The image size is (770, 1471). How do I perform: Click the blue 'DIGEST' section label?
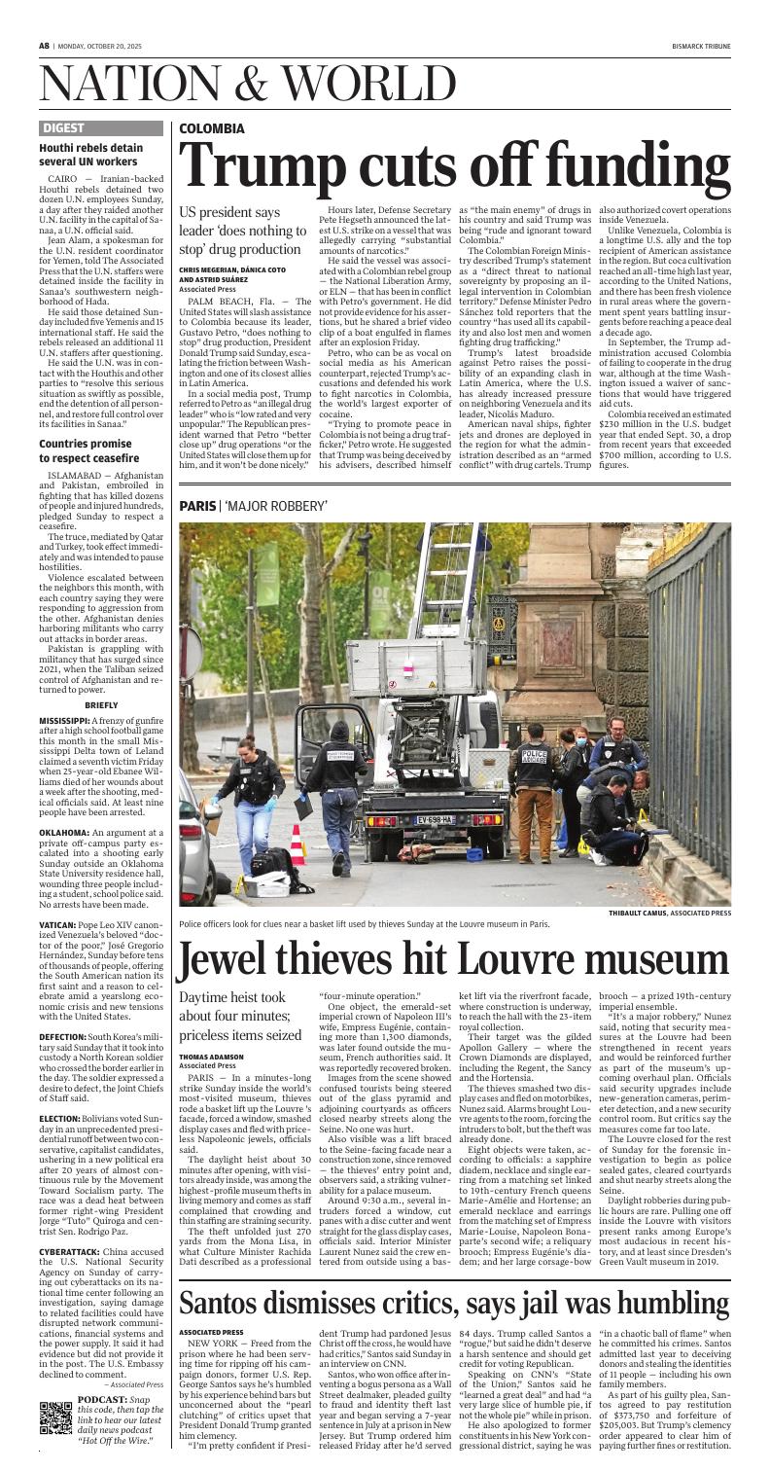click(63, 127)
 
